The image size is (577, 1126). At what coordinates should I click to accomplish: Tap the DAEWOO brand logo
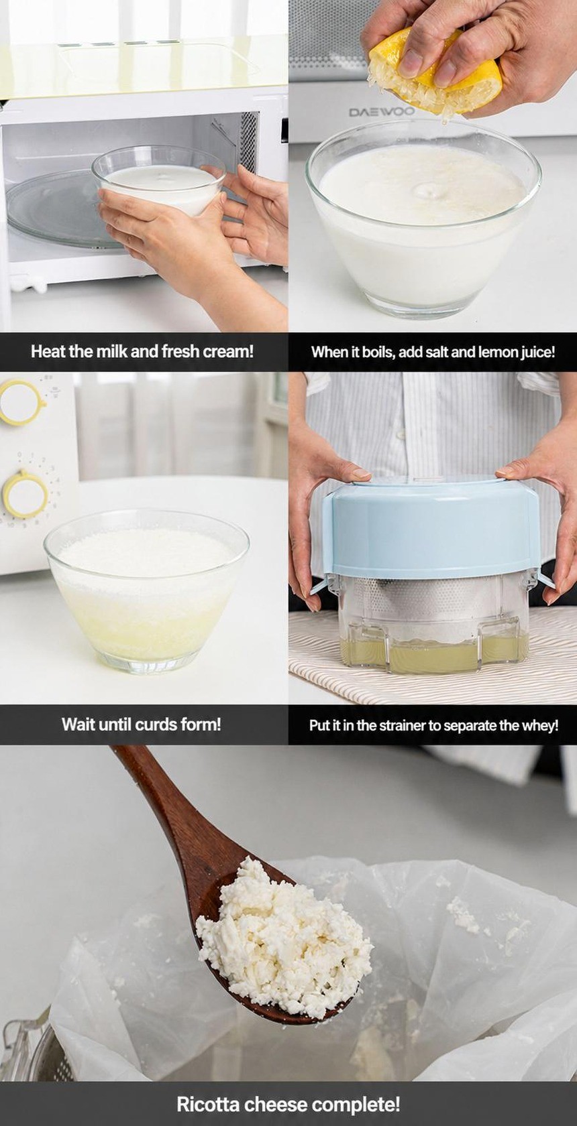click(x=382, y=111)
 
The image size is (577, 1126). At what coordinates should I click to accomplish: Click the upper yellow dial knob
click(x=20, y=402)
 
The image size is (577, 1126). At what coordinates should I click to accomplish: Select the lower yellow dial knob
click(x=25, y=494)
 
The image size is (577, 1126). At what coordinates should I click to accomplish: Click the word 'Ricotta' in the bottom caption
click(x=208, y=1105)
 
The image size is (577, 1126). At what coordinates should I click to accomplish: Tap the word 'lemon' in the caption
click(x=499, y=352)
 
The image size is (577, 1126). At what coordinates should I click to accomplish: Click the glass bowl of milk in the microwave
click(x=158, y=181)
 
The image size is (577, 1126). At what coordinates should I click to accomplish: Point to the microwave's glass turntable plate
click(x=55, y=208)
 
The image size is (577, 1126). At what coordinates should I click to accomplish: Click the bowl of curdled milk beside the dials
click(x=146, y=591)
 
